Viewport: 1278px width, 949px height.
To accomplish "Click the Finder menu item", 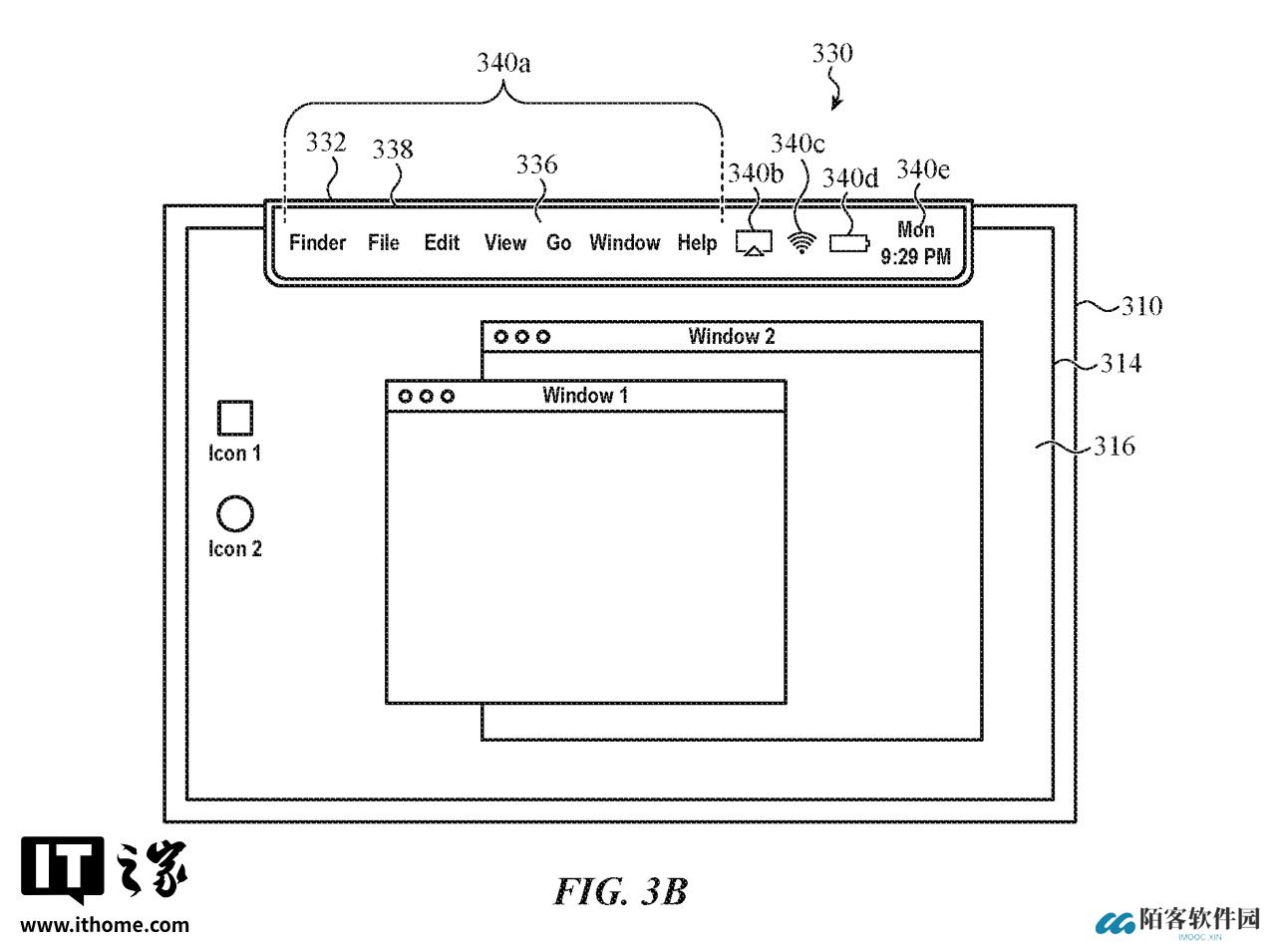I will tap(317, 243).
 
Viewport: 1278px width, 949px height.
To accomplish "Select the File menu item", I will tap(384, 243).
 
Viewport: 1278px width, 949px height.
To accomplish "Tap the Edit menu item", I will tap(442, 243).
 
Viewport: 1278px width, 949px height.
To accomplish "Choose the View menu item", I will tap(504, 243).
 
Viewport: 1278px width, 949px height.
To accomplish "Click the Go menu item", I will tap(558, 243).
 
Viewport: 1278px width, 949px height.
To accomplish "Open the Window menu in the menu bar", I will tap(624, 243).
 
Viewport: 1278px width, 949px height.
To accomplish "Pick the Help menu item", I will tap(697, 243).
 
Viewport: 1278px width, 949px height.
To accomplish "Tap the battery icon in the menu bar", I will tap(848, 243).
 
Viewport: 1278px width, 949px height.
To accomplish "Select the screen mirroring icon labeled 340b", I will tap(755, 243).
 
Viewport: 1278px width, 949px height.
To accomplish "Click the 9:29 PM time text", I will tap(915, 257).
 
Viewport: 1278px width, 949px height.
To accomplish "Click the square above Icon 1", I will tap(235, 418).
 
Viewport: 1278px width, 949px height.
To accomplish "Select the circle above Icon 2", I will tap(235, 514).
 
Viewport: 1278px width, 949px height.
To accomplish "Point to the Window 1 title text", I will tap(585, 396).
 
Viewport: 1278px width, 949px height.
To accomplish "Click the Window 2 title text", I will tap(731, 337).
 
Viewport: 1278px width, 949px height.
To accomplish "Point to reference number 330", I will tap(831, 54).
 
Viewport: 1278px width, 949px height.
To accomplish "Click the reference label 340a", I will tap(502, 64).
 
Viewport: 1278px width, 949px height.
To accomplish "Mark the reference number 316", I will tap(1114, 447).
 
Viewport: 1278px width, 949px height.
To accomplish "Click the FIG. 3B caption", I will tap(621, 890).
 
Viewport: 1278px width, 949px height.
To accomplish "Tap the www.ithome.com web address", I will tap(105, 925).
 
